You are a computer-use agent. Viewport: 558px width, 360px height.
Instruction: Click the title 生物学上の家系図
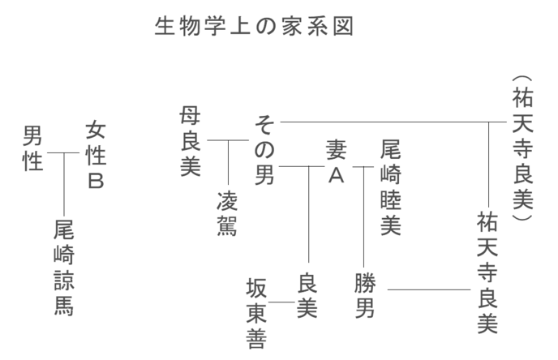click(255, 28)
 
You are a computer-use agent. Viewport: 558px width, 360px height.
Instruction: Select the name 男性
click(32, 148)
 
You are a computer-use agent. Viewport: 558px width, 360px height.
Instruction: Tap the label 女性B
click(96, 156)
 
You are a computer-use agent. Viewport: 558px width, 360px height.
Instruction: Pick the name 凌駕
click(227, 215)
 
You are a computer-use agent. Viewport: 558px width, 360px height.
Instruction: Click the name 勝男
click(365, 296)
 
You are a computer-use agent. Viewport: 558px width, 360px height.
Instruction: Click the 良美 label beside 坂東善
click(307, 296)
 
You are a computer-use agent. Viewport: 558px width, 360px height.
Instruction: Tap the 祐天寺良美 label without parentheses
click(487, 272)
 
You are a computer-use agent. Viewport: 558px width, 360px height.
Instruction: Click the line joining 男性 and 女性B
click(65, 152)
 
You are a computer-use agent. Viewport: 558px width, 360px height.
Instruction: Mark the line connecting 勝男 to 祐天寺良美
click(429, 289)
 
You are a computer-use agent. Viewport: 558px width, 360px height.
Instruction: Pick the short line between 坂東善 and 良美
click(281, 302)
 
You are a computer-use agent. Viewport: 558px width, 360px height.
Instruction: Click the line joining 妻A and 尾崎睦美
click(363, 166)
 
